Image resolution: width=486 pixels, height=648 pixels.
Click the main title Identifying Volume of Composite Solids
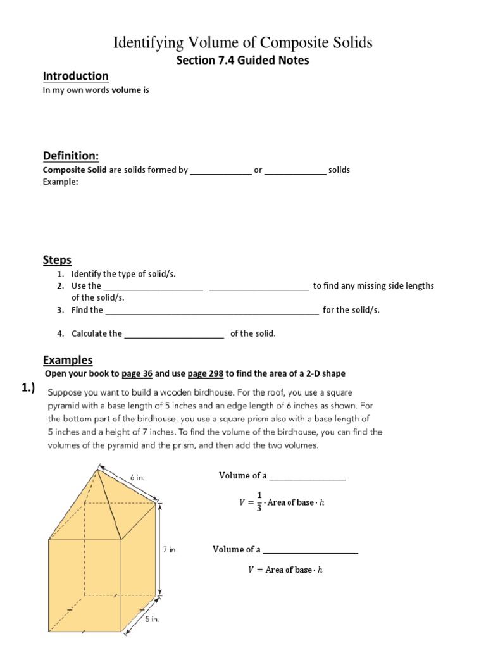click(x=242, y=42)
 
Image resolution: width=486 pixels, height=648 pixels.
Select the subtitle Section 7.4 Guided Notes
click(x=242, y=61)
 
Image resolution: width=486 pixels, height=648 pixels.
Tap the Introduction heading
click(x=75, y=76)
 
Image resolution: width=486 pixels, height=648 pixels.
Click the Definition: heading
click(x=71, y=156)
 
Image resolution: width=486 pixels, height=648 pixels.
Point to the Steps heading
click(x=57, y=260)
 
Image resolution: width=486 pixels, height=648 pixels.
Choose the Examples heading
click(x=68, y=360)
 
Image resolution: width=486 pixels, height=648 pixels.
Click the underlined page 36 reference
click(x=138, y=373)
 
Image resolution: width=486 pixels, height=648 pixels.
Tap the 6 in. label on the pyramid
click(x=137, y=478)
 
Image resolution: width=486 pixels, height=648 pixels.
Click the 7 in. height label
click(x=170, y=550)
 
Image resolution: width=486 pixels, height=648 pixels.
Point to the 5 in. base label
click(x=152, y=620)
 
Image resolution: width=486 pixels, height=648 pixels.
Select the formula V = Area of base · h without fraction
click(x=285, y=570)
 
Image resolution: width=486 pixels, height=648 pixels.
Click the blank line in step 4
click(x=174, y=334)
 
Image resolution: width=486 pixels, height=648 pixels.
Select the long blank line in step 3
click(x=211, y=311)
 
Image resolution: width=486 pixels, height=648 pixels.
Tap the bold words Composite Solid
click(x=74, y=170)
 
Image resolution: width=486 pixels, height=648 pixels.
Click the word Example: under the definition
click(x=60, y=182)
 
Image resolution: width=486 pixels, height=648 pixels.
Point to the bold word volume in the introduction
click(x=126, y=90)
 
